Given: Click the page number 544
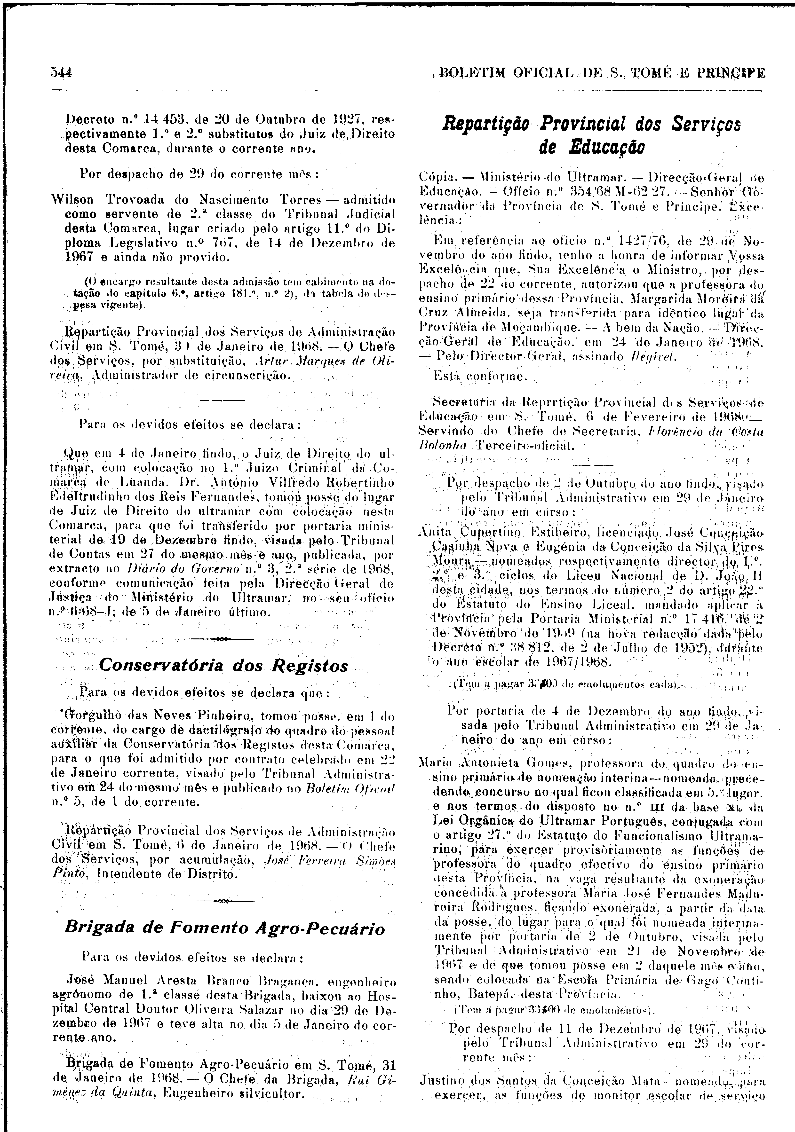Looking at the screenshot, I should pos(61,73).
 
